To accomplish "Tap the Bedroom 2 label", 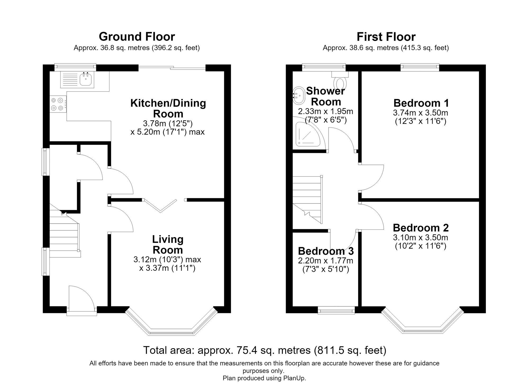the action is click(x=421, y=228).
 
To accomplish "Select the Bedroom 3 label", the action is click(x=326, y=251).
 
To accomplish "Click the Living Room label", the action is click(x=168, y=244).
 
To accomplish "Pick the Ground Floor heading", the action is click(x=137, y=37).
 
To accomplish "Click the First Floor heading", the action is click(x=386, y=37).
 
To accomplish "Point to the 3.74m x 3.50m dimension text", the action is click(x=421, y=113).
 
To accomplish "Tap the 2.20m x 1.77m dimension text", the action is click(x=326, y=261).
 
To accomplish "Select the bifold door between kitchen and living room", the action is click(x=160, y=205).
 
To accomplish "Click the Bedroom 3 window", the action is click(x=336, y=310).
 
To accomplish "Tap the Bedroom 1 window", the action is click(x=420, y=67).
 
